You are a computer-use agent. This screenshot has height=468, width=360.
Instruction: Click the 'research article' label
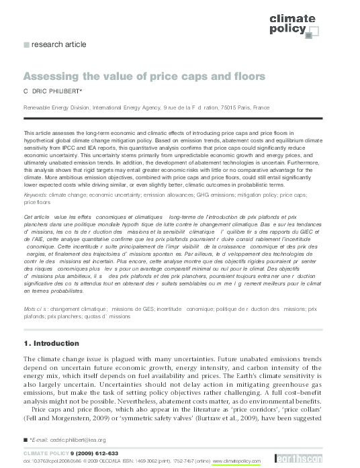55,45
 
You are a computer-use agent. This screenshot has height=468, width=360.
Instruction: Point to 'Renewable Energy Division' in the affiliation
52,107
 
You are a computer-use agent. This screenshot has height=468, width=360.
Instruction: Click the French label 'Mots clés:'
35,308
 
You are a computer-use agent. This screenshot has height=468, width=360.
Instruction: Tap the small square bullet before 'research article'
27,45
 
